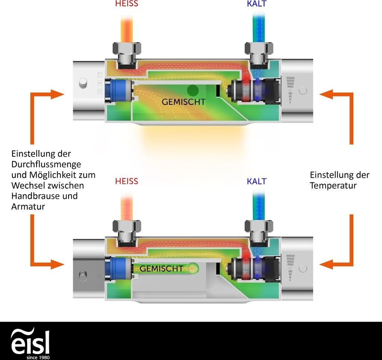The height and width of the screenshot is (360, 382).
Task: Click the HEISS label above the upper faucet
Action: click(x=126, y=4)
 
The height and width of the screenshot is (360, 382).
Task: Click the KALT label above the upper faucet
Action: click(x=257, y=4)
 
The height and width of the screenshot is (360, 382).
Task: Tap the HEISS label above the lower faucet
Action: click(x=126, y=181)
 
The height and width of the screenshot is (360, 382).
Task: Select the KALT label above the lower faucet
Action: click(x=257, y=181)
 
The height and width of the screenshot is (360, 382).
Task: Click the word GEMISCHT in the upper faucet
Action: click(x=184, y=102)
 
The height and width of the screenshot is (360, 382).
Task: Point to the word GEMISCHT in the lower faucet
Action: click(x=161, y=269)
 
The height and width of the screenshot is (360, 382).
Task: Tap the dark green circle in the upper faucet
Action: click(x=193, y=90)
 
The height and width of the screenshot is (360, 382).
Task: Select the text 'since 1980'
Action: click(x=38, y=357)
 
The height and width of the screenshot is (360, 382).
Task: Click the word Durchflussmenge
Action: click(x=46, y=164)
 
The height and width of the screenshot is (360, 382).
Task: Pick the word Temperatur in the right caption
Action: click(x=333, y=186)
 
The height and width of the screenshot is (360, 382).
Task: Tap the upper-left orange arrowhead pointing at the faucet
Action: click(x=57, y=94)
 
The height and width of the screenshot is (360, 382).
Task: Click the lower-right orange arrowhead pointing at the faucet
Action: click(x=326, y=264)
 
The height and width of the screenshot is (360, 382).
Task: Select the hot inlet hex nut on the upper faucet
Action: click(x=127, y=48)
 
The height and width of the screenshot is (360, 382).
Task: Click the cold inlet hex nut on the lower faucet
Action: click(x=259, y=226)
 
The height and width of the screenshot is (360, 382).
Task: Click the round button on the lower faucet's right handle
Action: click(x=303, y=269)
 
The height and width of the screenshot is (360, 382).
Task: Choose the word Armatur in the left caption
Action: click(x=28, y=207)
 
